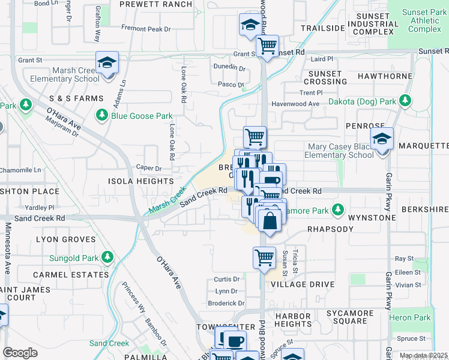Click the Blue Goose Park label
coord(141,116)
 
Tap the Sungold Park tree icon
coord(107,257)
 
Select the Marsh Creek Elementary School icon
coord(107,62)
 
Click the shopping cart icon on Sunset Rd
coord(267,45)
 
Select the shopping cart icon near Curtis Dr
coord(264,257)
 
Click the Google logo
coord(20,353)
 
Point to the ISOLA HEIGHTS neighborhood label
coord(140,181)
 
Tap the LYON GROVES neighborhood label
coord(66,239)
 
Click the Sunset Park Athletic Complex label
coord(424,20)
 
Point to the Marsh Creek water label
coord(167,201)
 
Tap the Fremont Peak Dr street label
coord(146,28)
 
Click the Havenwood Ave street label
coord(295,104)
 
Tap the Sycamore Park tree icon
coord(338,210)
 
